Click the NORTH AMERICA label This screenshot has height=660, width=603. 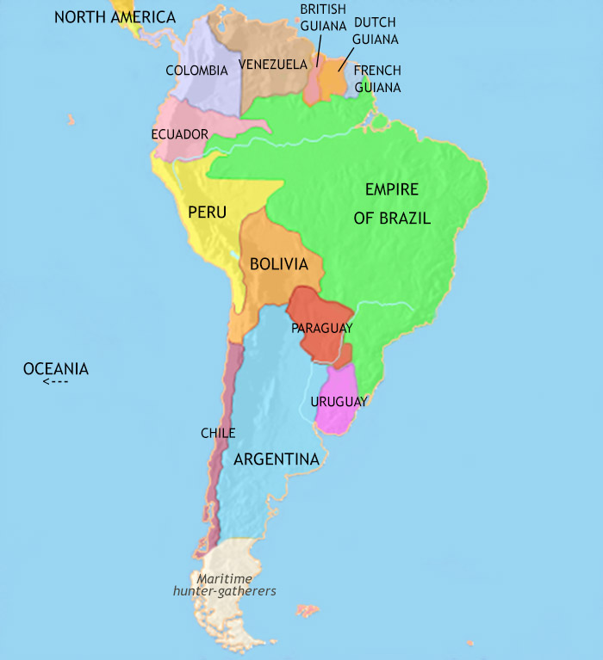[115, 17]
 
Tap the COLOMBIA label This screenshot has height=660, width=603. [196, 71]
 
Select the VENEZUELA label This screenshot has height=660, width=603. [273, 65]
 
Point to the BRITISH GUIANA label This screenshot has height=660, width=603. [323, 15]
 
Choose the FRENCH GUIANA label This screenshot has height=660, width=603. [377, 78]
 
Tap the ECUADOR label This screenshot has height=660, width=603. [179, 134]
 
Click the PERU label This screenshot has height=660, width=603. [207, 210]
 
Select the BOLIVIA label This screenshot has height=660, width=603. [278, 264]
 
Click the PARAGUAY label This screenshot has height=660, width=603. [321, 328]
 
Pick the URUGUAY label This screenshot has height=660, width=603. [339, 402]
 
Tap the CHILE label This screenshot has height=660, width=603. [217, 433]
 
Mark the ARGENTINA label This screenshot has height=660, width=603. [277, 460]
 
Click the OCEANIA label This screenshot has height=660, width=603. [56, 369]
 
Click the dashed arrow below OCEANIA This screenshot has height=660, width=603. [55, 382]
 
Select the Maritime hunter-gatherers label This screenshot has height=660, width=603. [224, 585]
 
